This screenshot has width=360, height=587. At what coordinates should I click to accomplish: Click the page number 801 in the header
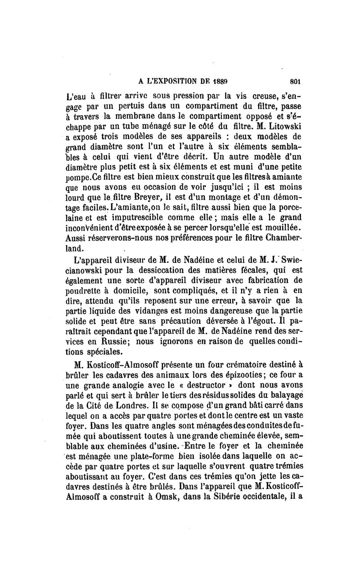(295, 82)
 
